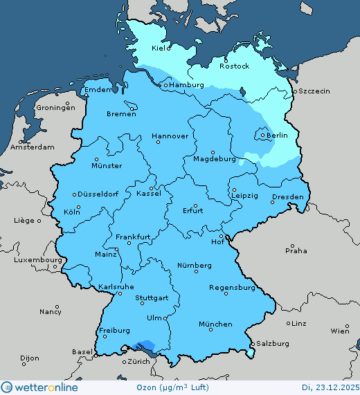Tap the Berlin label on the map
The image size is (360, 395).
point(277,135)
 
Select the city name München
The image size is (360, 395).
point(215,324)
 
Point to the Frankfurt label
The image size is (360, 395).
point(133,237)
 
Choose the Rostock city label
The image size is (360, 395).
point(234,66)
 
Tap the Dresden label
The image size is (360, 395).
point(287,197)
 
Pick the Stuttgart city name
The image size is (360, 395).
point(152,298)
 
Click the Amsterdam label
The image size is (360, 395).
point(33,147)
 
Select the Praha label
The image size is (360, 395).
point(296,250)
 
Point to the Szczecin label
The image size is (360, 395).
point(314,91)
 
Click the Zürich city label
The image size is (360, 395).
point(138,361)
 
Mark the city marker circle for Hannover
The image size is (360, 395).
point(158,142)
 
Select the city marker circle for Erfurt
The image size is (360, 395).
point(195,205)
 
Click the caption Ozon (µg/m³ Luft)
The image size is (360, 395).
point(182,387)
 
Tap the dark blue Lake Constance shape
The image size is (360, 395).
point(147,345)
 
